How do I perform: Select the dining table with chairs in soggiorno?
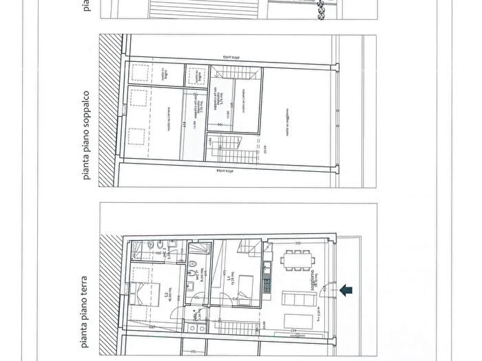(297, 260)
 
